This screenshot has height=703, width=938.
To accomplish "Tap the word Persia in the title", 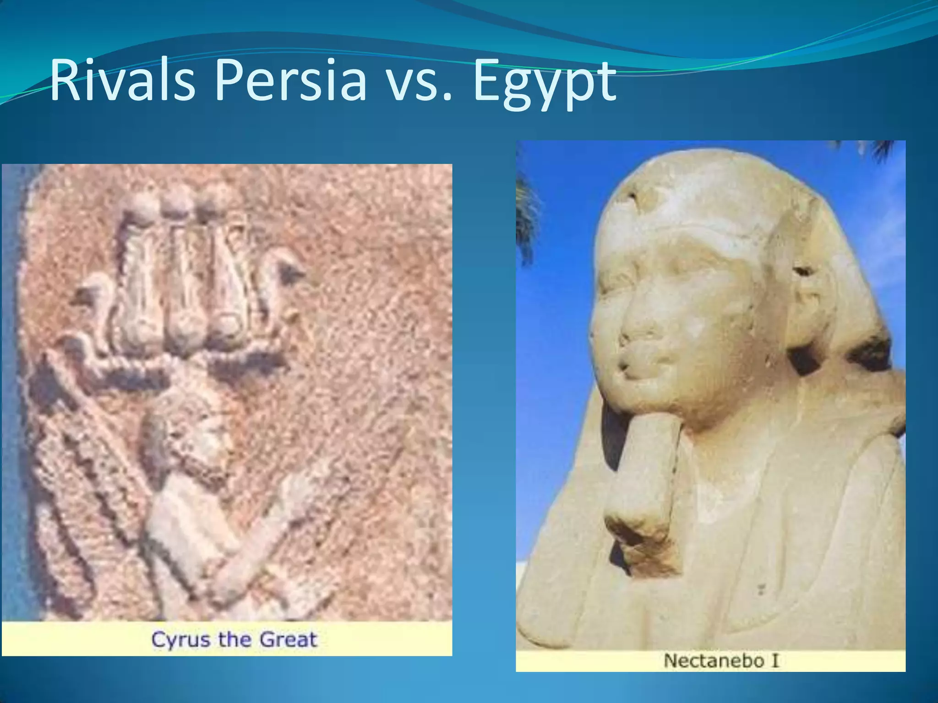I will pos(290,81).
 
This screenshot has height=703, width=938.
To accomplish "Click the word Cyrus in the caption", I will pos(181,640).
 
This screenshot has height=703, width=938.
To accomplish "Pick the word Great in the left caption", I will pos(288,639).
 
